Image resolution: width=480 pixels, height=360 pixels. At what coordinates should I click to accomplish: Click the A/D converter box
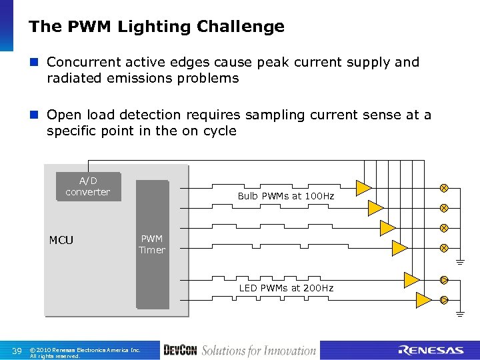[x=88, y=187]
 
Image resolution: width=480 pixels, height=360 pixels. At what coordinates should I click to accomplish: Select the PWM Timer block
[x=152, y=245]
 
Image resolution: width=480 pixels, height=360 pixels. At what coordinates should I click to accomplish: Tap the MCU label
[x=61, y=240]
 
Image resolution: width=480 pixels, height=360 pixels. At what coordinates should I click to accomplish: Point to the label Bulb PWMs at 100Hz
[x=286, y=196]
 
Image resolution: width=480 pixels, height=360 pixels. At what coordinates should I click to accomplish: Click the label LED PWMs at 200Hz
[x=286, y=288]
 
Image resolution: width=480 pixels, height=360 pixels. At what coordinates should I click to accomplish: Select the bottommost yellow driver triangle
[x=423, y=300]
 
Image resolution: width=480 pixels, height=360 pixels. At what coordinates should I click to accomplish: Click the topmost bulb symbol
[x=444, y=188]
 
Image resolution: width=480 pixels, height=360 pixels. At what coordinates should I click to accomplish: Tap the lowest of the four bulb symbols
[x=444, y=248]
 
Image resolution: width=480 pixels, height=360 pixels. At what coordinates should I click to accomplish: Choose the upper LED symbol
[x=444, y=279]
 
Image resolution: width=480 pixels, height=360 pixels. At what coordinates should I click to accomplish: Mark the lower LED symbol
[x=444, y=300]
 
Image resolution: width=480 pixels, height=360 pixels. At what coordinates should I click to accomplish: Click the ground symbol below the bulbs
[x=461, y=262]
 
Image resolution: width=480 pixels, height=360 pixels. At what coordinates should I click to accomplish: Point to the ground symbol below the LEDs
[x=461, y=313]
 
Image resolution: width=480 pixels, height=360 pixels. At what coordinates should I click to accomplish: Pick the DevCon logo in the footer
[x=180, y=351]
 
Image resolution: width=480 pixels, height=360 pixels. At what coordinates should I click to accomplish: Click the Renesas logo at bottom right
[x=431, y=351]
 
